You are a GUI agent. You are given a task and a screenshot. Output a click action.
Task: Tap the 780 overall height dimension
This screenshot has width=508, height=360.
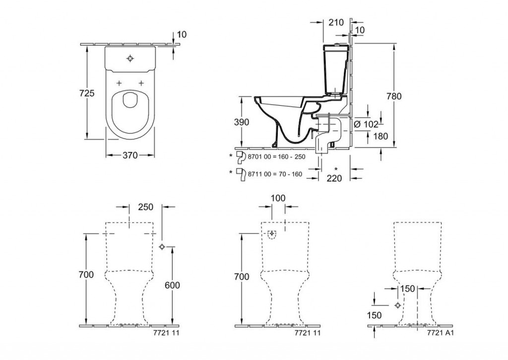click(x=394, y=96)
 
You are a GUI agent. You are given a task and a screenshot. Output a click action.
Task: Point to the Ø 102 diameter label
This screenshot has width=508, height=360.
click(x=367, y=124)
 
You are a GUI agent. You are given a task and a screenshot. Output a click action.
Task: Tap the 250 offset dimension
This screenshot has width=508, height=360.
click(x=146, y=207)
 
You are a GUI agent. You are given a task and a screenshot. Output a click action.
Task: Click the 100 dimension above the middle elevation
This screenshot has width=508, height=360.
click(x=278, y=198)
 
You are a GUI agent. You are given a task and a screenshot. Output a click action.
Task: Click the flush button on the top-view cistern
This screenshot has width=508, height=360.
click(x=130, y=59)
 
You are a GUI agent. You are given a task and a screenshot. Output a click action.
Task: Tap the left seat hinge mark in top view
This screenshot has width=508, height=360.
click(x=119, y=82)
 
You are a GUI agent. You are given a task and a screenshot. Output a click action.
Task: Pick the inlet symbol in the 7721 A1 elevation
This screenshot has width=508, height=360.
click(x=397, y=305)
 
